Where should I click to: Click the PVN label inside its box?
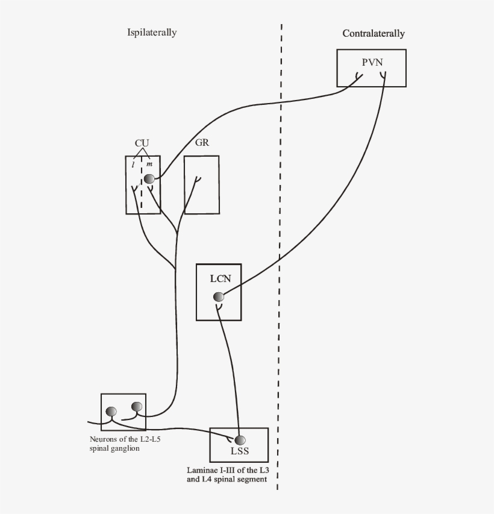pyautogui.click(x=372, y=63)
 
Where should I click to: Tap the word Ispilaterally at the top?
pyautogui.click(x=152, y=33)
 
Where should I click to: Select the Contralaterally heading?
pyautogui.click(x=374, y=34)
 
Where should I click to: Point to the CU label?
pyautogui.click(x=142, y=143)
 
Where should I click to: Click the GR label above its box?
pyautogui.click(x=202, y=143)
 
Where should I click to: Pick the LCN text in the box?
pyautogui.click(x=219, y=278)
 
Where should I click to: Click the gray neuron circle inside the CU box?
pyautogui.click(x=149, y=178)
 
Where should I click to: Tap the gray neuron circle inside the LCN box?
pyautogui.click(x=218, y=296)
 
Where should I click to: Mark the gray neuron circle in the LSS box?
pyautogui.click(x=240, y=440)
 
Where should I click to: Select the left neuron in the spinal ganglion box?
pyautogui.click(x=111, y=412)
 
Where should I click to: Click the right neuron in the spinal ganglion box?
pyautogui.click(x=137, y=407)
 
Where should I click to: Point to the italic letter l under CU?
pyautogui.click(x=133, y=165)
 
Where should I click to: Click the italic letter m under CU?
pyautogui.click(x=149, y=165)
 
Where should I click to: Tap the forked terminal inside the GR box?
pyautogui.click(x=197, y=179)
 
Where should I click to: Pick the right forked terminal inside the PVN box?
pyautogui.click(x=383, y=76)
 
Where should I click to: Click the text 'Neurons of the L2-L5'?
pyautogui.click(x=125, y=439)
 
